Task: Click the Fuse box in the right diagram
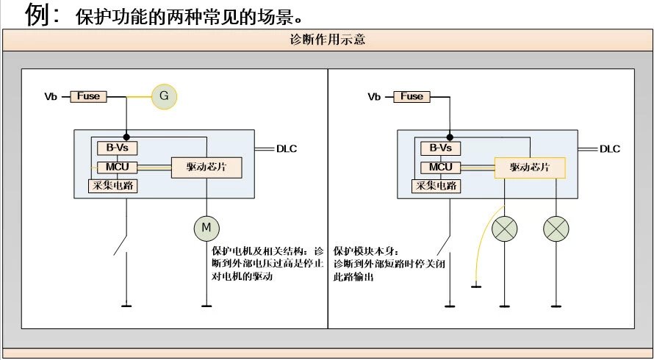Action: [x=412, y=96]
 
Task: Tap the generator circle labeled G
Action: [x=164, y=96]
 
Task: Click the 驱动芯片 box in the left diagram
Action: [x=206, y=168]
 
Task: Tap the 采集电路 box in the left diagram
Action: [x=113, y=186]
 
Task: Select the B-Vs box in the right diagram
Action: [x=440, y=148]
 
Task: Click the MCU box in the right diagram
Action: [x=440, y=167]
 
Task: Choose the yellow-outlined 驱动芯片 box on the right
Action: [x=530, y=168]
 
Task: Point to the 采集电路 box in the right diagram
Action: [x=436, y=186]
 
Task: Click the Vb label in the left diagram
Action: [x=51, y=96]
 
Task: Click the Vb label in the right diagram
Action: [x=374, y=96]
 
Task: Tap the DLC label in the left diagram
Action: [x=287, y=149]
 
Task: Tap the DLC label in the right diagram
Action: [x=610, y=149]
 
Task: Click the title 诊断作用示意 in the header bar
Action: [x=328, y=40]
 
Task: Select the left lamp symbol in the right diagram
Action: [x=504, y=229]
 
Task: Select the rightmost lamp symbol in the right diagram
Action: [x=556, y=229]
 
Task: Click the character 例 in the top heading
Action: [x=37, y=14]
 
